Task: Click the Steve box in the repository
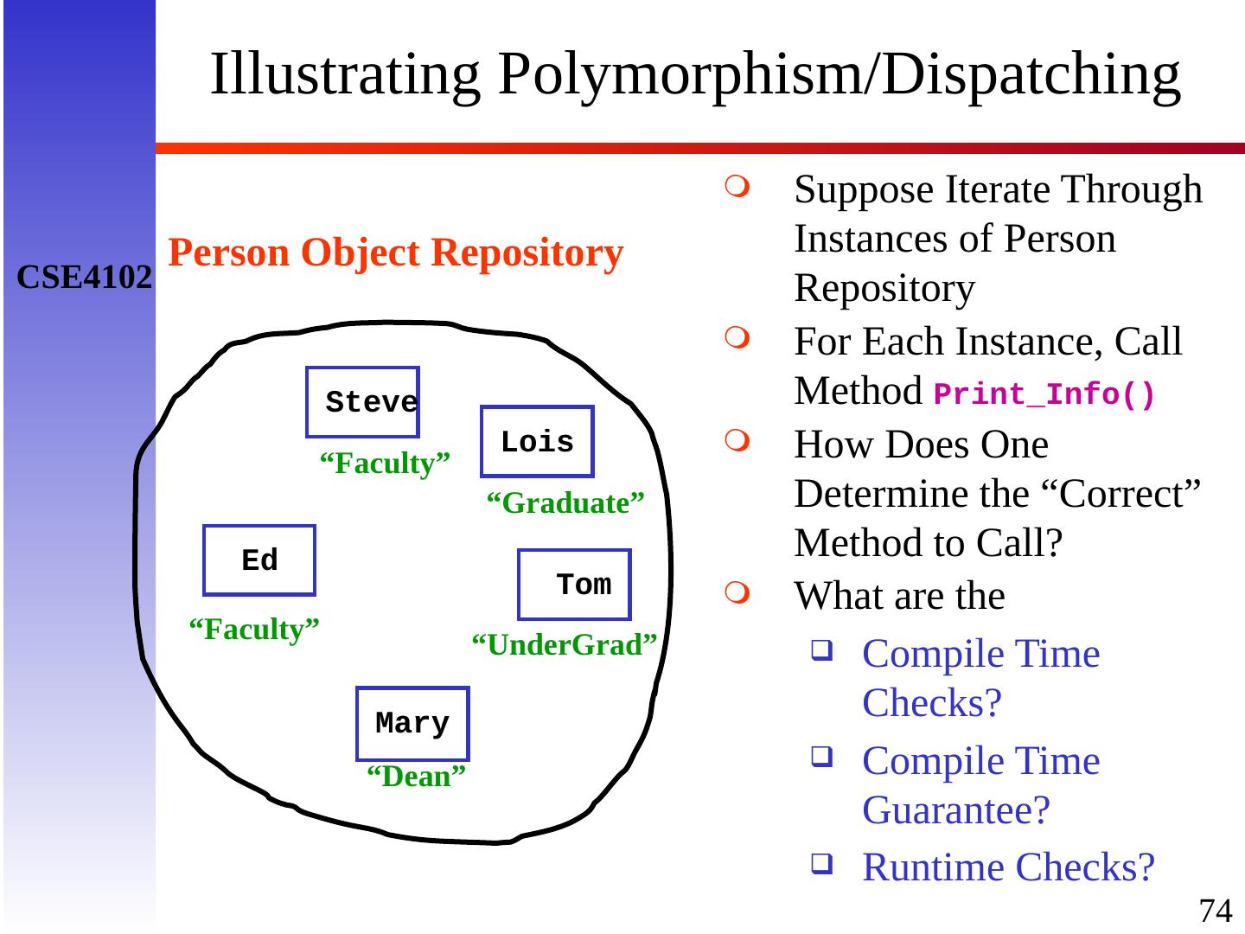(363, 402)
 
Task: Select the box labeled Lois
(537, 442)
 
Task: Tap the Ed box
(259, 560)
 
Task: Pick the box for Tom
(575, 585)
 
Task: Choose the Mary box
(412, 723)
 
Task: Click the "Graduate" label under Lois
(565, 503)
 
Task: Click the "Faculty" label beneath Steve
(385, 464)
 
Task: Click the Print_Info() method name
(1044, 395)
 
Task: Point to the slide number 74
(1215, 910)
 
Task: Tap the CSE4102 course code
(85, 278)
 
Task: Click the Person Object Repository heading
(395, 253)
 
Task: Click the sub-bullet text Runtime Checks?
(1008, 867)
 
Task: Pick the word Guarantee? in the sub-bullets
(956, 810)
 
